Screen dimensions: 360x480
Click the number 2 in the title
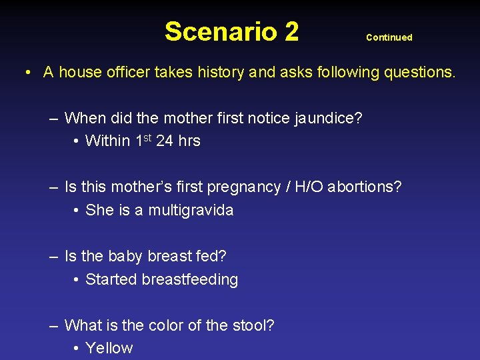click(x=290, y=31)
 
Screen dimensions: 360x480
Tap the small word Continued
click(x=389, y=37)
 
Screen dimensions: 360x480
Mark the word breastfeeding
click(x=190, y=279)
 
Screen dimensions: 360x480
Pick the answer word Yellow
click(x=109, y=348)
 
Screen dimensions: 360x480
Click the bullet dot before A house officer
click(x=29, y=72)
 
